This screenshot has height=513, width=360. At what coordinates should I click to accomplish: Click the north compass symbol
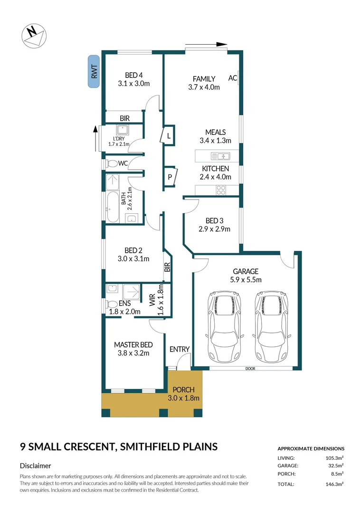tap(34, 36)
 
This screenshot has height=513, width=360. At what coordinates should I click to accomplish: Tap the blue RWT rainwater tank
tap(94, 71)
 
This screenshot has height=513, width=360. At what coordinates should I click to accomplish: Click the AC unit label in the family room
tap(232, 78)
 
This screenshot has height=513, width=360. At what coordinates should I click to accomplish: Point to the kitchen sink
tap(220, 156)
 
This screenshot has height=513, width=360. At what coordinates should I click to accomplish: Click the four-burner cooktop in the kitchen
tap(221, 190)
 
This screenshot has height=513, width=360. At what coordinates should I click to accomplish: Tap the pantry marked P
tap(170, 177)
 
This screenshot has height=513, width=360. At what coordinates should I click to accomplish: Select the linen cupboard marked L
tap(168, 135)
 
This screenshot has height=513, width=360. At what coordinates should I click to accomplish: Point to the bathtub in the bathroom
tap(113, 207)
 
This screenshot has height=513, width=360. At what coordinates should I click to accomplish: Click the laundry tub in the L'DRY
tap(123, 130)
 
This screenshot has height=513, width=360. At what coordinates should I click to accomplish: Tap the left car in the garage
tap(224, 326)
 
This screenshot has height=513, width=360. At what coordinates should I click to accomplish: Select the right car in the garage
tap(271, 326)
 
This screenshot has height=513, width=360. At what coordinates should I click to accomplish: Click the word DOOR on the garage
tap(250, 369)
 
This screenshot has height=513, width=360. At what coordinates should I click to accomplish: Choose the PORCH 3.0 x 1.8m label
tap(183, 394)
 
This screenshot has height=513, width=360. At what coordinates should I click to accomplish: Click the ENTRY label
tap(180, 350)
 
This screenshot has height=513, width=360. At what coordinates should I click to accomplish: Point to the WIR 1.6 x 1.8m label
tap(156, 300)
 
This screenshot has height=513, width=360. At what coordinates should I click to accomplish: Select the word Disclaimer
tap(35, 465)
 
